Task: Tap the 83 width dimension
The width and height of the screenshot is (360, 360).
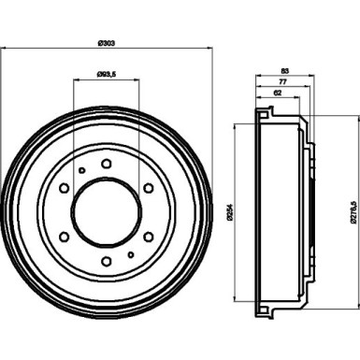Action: pyautogui.click(x=282, y=70)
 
